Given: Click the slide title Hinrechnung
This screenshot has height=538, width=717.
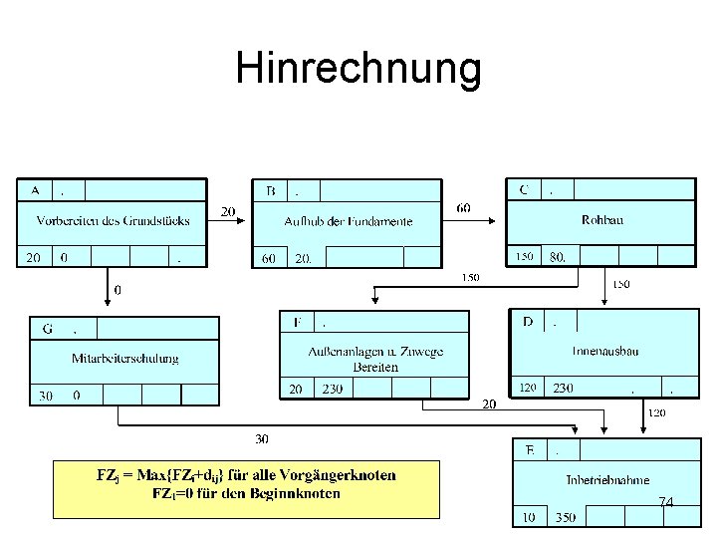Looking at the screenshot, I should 358,70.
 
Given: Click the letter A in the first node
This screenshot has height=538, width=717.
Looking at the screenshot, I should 36,189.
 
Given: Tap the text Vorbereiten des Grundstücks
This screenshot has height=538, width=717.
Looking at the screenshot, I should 114,220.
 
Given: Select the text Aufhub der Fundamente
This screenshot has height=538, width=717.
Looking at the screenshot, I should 348,221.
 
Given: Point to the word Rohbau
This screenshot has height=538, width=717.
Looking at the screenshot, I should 602,220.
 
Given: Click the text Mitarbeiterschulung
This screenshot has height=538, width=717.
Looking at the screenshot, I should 125,359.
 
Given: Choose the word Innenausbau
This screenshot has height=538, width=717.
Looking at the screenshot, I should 605,351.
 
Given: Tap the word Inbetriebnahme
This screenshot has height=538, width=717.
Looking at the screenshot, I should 607,480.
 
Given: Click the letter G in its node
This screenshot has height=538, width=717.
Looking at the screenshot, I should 47,327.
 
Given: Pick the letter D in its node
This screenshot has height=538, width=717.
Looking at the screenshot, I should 528,322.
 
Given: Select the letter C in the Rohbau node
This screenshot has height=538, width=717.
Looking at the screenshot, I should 524,189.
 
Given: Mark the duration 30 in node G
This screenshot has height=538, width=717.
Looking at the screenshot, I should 46,396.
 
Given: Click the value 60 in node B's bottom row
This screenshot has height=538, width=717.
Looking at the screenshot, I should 269,258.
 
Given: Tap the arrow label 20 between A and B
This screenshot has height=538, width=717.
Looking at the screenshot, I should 228,212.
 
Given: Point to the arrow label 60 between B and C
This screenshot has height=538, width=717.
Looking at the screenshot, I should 464,208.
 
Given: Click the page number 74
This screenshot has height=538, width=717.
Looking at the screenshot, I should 665,503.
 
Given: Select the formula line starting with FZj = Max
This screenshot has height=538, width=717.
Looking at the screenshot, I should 246,475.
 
